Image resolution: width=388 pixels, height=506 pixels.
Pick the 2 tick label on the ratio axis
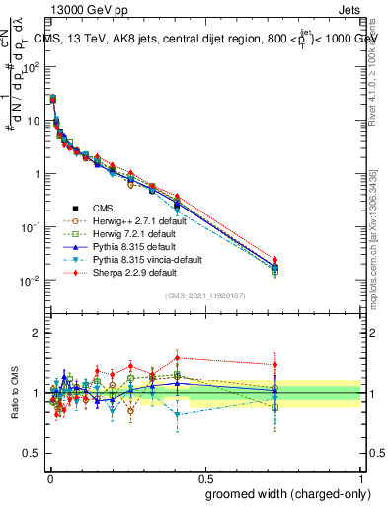click(36, 333)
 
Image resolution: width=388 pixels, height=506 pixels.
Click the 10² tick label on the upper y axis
click(31, 66)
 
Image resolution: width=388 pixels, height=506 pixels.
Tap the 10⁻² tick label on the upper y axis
click(30, 281)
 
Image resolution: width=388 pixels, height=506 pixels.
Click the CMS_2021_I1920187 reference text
click(204, 295)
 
